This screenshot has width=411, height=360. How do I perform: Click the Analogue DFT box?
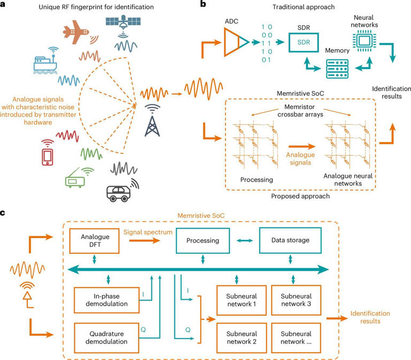point(95,241)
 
